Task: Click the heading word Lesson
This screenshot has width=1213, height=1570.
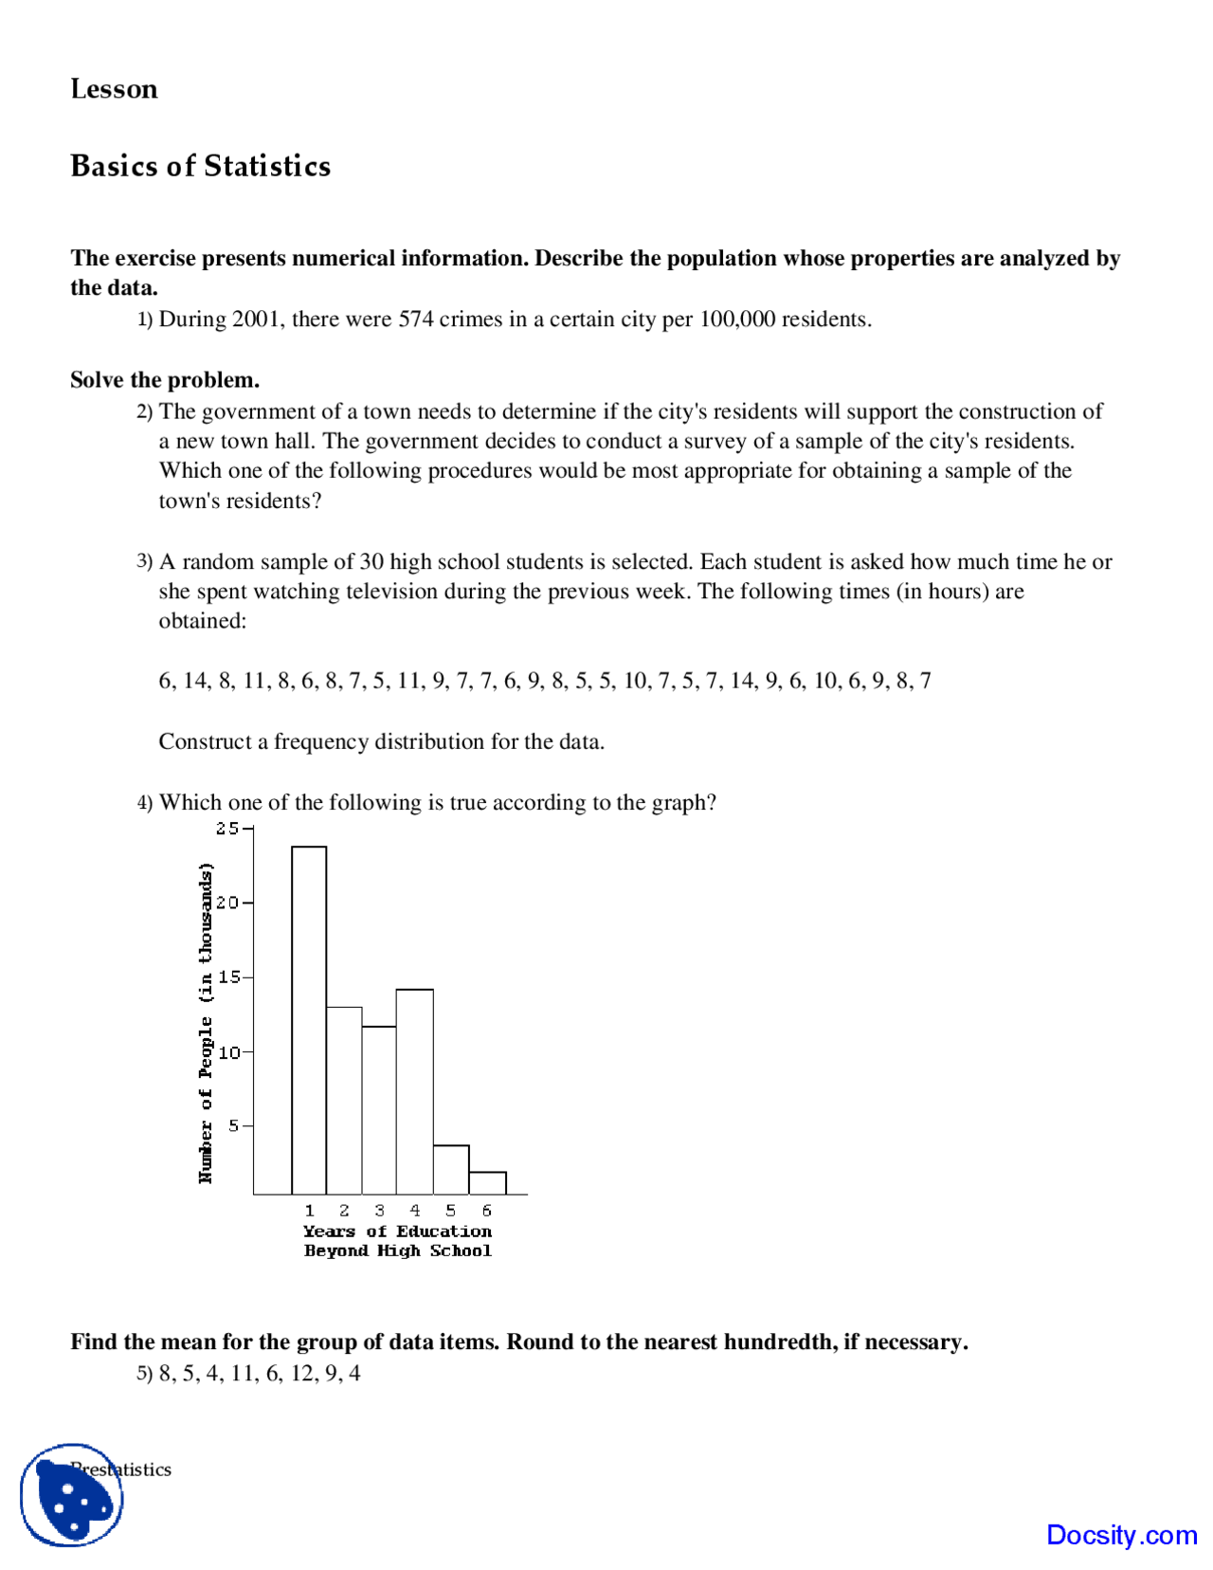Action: [114, 89]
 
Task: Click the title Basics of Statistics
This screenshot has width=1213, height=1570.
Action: [200, 166]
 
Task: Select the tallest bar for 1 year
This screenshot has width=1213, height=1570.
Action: [309, 1019]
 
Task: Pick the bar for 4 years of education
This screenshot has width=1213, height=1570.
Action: [414, 1090]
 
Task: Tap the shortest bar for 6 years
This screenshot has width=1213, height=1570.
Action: [487, 1182]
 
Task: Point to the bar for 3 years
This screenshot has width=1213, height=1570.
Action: [379, 1109]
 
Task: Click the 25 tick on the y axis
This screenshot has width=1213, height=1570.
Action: [227, 828]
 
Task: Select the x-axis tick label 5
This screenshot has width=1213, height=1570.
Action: [450, 1211]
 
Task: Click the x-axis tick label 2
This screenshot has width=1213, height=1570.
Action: [344, 1211]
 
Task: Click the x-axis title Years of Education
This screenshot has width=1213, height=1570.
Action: [397, 1232]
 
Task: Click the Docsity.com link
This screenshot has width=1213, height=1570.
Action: [1121, 1534]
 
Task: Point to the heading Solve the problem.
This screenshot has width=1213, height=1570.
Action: [165, 380]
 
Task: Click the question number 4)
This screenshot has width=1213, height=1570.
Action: [144, 803]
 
